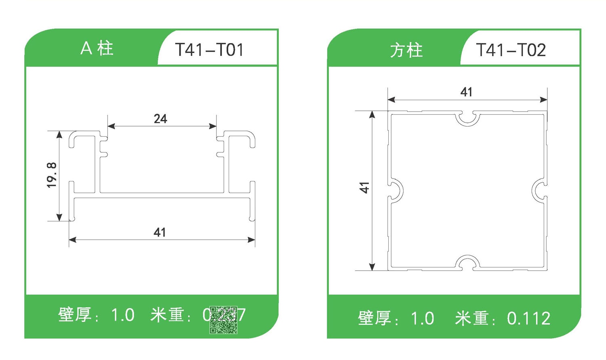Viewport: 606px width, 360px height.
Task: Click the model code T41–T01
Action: point(209,50)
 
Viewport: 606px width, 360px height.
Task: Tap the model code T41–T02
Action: point(511,50)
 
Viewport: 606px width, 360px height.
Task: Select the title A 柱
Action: point(97,48)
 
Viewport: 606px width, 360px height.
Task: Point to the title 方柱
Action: point(406,51)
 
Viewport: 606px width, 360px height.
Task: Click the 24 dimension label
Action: point(160,119)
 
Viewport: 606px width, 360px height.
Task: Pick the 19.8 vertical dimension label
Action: point(52,175)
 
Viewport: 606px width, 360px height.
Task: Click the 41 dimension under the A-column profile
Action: point(160,232)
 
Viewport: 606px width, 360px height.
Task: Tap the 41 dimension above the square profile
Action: point(466,92)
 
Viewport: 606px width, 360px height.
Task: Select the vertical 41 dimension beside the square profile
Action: point(364,187)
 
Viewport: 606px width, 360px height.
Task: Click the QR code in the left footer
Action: point(223,320)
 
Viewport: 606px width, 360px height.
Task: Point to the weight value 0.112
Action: point(528,318)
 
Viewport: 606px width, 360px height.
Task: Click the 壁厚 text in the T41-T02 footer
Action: point(375,318)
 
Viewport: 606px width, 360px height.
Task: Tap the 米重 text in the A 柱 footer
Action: point(167,315)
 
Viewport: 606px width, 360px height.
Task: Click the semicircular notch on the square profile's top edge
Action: point(468,118)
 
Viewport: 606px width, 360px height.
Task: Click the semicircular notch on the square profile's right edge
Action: point(539,190)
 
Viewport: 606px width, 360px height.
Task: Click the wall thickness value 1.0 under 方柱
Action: point(422,318)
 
